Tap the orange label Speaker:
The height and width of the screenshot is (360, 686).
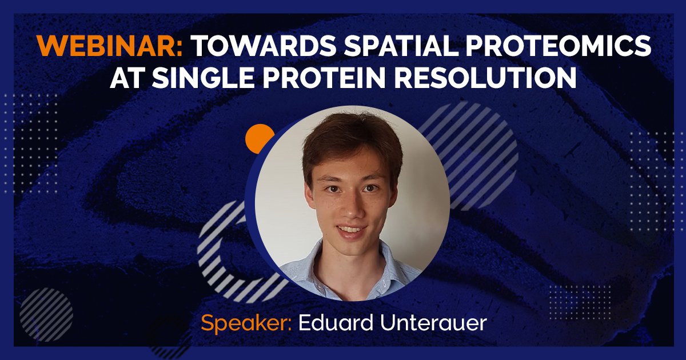click(246, 323)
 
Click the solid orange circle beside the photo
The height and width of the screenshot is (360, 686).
click(260, 139)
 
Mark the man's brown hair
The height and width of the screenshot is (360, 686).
click(349, 140)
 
